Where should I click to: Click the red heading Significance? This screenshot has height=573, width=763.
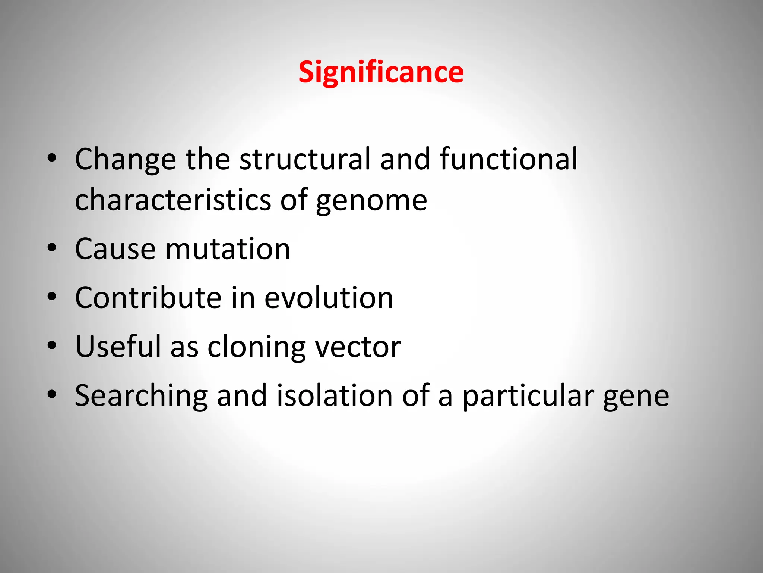point(381,72)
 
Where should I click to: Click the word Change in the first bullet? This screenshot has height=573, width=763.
point(125,159)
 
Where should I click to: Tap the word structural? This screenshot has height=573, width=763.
point(305,159)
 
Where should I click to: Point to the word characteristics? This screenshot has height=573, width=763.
point(173,200)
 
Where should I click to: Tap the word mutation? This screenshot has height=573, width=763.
point(228,249)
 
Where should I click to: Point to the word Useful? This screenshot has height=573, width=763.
point(118,347)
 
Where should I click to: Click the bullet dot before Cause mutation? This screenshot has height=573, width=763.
point(52,248)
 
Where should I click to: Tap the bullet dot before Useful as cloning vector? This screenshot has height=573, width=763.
point(52,345)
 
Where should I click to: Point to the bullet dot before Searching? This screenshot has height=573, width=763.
point(52,394)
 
